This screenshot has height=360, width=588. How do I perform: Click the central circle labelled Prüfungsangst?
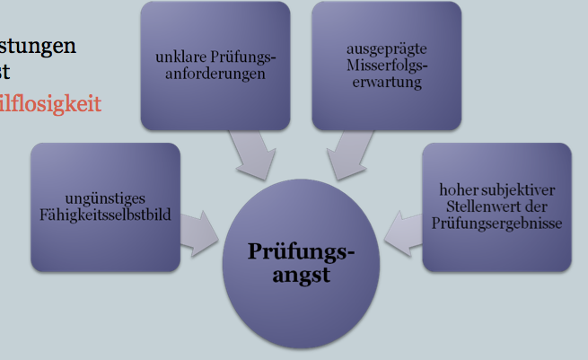pyautogui.click(x=302, y=262)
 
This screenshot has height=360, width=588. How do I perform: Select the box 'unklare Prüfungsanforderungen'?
pyautogui.click(x=215, y=66)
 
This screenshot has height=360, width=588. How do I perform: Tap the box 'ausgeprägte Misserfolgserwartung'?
pyautogui.click(x=386, y=66)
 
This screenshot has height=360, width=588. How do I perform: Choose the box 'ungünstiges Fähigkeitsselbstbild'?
pyautogui.click(x=105, y=206)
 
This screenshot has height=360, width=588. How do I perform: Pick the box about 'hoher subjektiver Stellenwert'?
pyautogui.click(x=496, y=206)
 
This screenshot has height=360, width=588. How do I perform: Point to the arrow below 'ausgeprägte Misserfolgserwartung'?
pyautogui.click(x=347, y=154)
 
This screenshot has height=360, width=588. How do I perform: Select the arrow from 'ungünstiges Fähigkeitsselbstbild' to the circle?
pyautogui.click(x=199, y=232)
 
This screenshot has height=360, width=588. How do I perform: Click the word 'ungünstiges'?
pyautogui.click(x=105, y=198)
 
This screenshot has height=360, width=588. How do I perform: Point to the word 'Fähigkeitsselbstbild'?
pyautogui.click(x=105, y=215)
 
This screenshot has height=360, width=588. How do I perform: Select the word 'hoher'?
pyautogui.click(x=456, y=190)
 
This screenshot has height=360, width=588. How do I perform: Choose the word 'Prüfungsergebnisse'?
pyautogui.click(x=496, y=223)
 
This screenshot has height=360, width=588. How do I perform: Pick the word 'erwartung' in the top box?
pyautogui.click(x=386, y=83)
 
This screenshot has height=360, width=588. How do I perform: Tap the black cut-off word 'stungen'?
pyautogui.click(x=38, y=45)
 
